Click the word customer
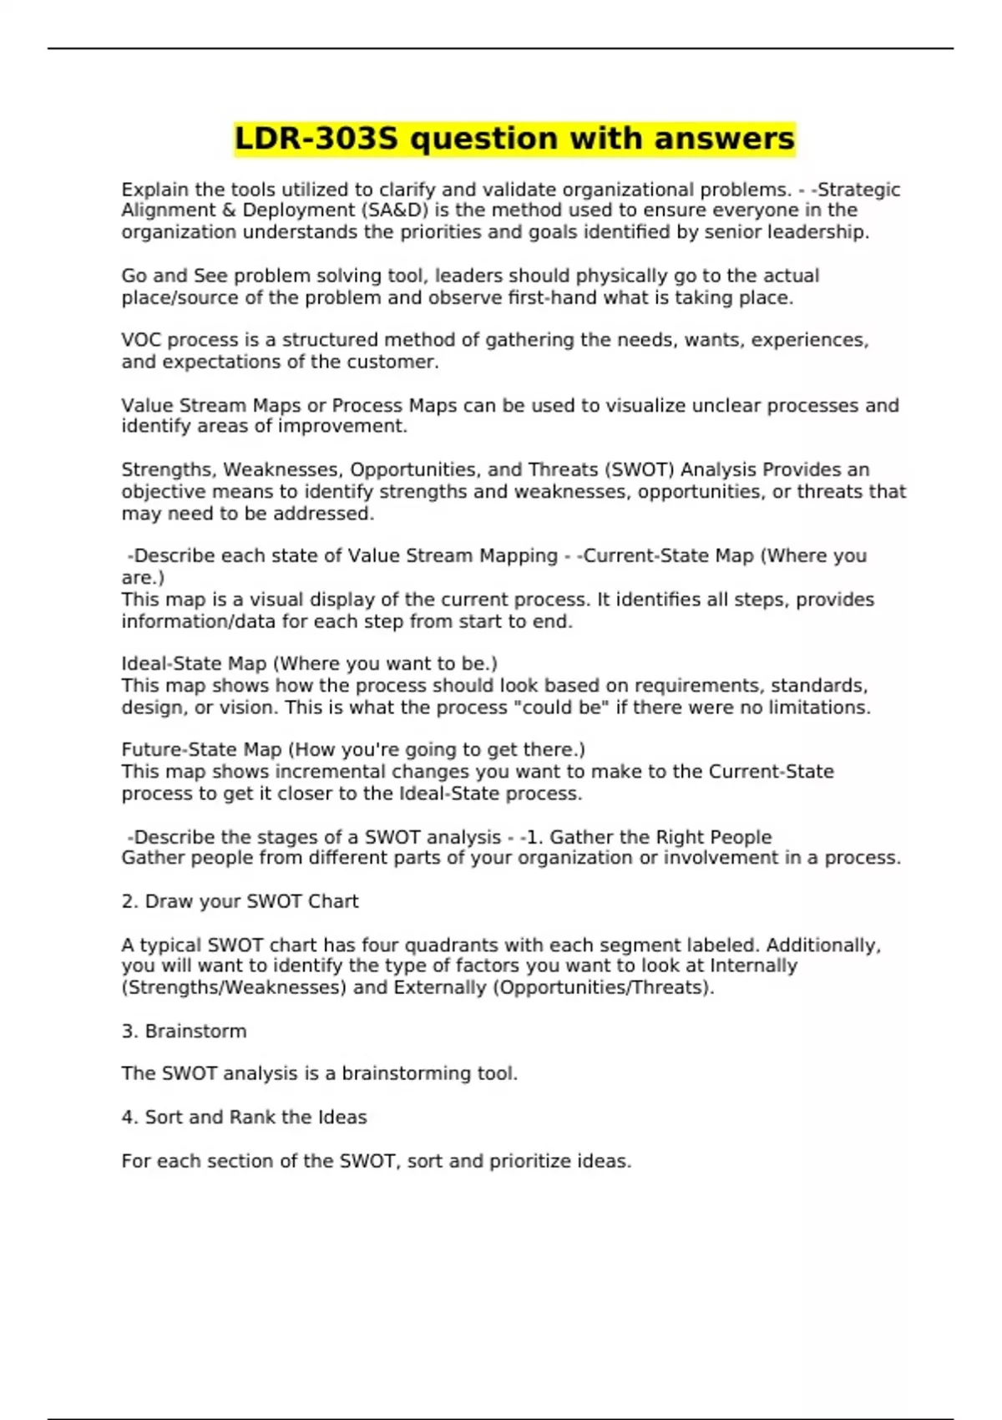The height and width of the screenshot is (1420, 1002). (396, 362)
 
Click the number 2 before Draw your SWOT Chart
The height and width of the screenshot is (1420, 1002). (127, 901)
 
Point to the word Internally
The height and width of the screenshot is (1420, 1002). (753, 966)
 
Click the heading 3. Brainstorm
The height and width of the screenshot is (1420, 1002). (184, 1031)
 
